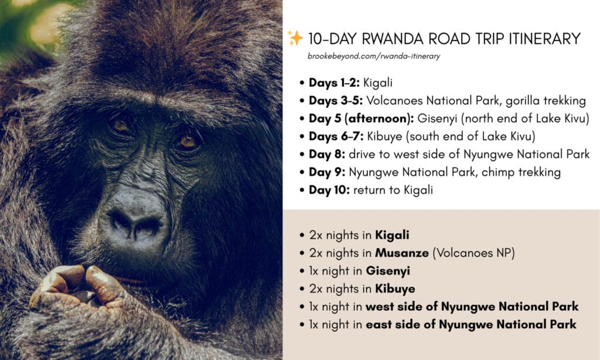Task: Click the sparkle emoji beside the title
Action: coord(295,38)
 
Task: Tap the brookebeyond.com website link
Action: coord(374,56)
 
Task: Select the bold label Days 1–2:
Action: coord(335,83)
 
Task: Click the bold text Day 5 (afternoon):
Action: coord(361,118)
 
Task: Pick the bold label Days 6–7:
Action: coord(336,137)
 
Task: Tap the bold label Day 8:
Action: coord(327,154)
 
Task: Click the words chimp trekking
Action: coord(521,172)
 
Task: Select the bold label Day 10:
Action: coord(329,190)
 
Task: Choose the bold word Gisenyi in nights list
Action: coord(388,271)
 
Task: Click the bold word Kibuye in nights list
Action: coord(395,289)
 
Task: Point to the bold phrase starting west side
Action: coord(472,307)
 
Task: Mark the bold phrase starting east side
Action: coord(471,325)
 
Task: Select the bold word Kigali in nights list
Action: coord(392,235)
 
